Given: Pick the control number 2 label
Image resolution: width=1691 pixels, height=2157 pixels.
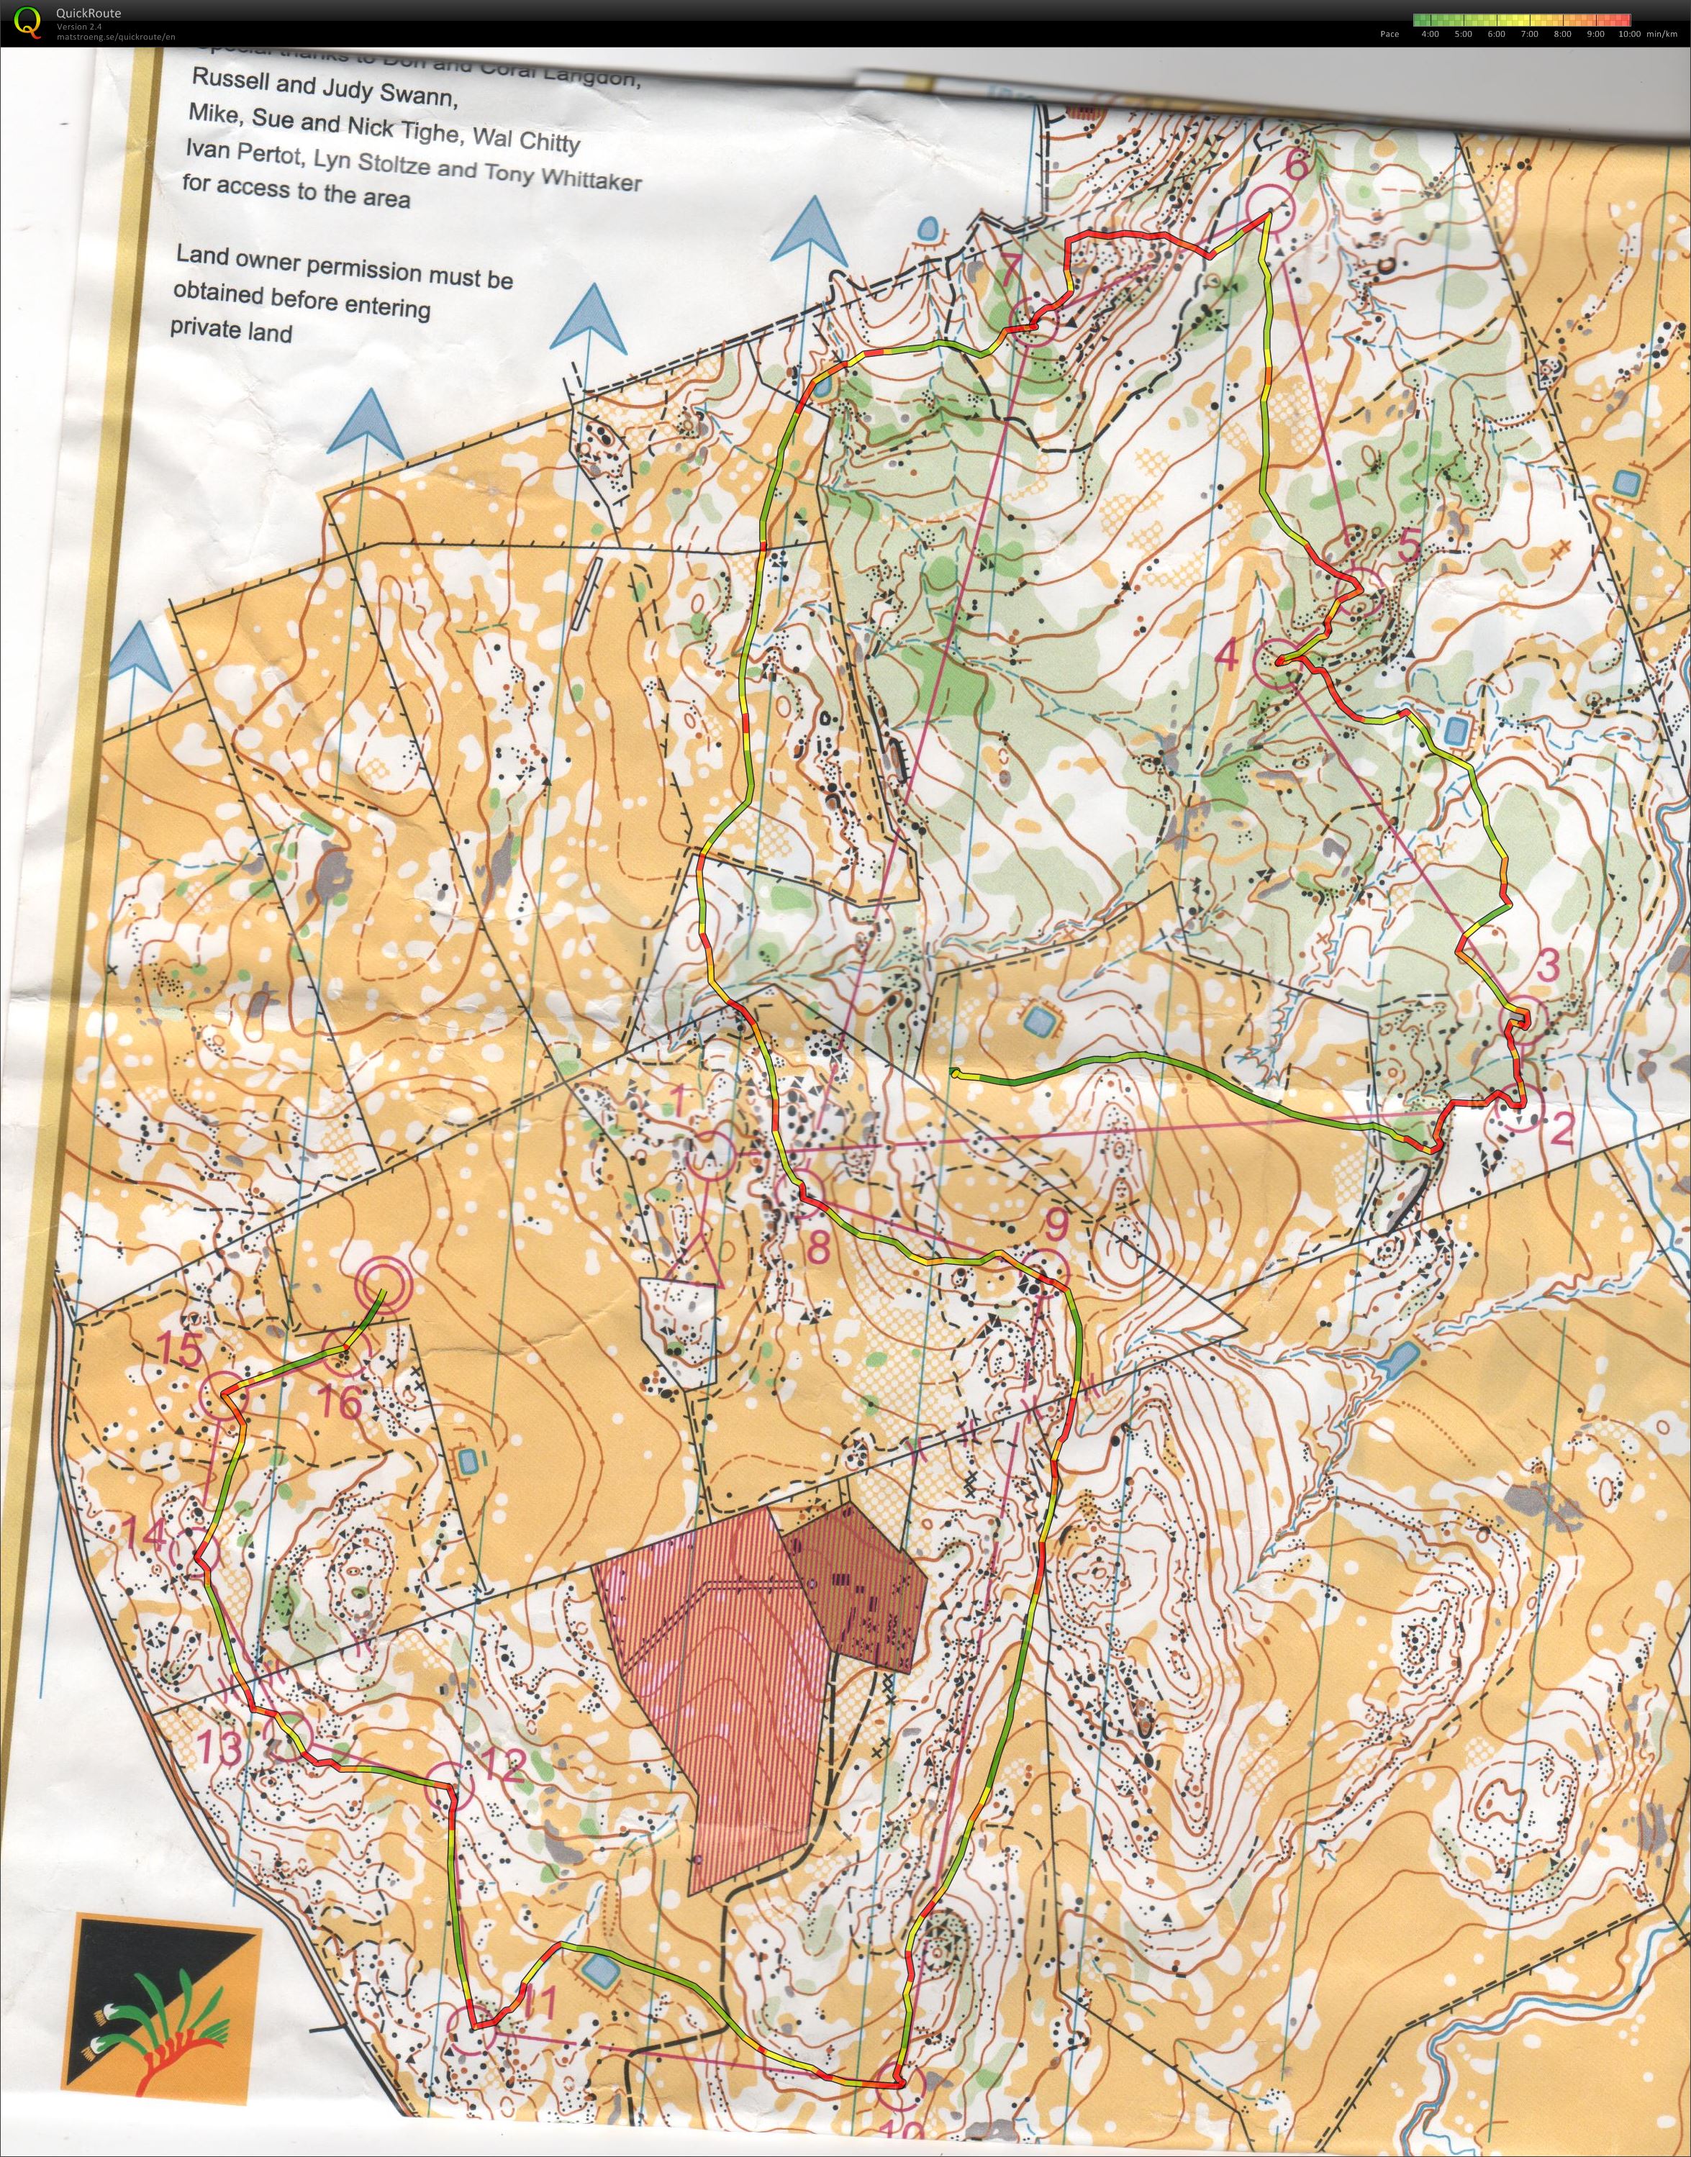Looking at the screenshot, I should [1561, 1130].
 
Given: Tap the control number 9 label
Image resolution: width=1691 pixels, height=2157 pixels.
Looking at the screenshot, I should [1057, 1225].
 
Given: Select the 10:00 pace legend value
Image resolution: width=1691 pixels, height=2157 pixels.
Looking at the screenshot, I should [1628, 34].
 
